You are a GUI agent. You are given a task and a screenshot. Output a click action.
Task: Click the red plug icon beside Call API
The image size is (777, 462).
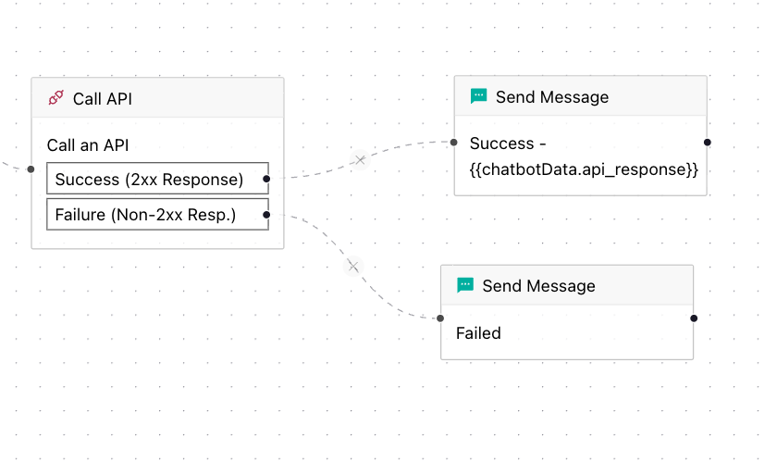pyautogui.click(x=55, y=98)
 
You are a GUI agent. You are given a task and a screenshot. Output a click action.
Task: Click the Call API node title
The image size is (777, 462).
pyautogui.click(x=102, y=98)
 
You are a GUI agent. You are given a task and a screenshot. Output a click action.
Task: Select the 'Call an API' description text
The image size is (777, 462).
pyautogui.click(x=87, y=145)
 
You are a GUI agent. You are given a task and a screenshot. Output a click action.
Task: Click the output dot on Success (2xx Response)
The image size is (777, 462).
pyautogui.click(x=266, y=178)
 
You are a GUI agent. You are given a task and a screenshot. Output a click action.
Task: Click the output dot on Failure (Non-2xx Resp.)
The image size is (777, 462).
pyautogui.click(x=266, y=215)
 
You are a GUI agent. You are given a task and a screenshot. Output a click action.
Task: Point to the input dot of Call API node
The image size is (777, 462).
pyautogui.click(x=31, y=169)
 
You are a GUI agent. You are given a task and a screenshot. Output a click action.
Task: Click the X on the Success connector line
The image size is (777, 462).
pyautogui.click(x=361, y=160)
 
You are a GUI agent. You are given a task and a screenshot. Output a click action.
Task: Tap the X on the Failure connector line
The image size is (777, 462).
pyautogui.click(x=351, y=267)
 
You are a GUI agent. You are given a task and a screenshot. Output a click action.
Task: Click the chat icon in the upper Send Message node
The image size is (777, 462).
pyautogui.click(x=478, y=96)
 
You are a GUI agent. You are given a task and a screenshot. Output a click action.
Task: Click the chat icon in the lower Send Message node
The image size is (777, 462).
pyautogui.click(x=465, y=285)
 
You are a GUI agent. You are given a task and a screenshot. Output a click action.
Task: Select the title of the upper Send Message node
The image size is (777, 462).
pyautogui.click(x=552, y=97)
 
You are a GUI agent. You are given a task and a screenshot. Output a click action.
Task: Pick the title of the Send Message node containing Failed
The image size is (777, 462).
pyautogui.click(x=538, y=286)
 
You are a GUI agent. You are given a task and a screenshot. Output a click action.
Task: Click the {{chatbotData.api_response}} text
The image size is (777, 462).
pyautogui.click(x=583, y=169)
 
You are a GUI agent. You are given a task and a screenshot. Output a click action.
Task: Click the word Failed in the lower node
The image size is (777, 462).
pyautogui.click(x=478, y=332)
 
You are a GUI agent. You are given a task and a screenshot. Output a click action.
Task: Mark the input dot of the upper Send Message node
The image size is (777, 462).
pyautogui.click(x=454, y=143)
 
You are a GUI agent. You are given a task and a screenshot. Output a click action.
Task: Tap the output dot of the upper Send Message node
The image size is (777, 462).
pyautogui.click(x=707, y=143)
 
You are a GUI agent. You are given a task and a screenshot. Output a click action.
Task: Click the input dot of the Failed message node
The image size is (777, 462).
pyautogui.click(x=440, y=318)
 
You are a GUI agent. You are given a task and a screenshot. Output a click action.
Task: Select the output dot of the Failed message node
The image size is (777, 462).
pyautogui.click(x=694, y=318)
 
